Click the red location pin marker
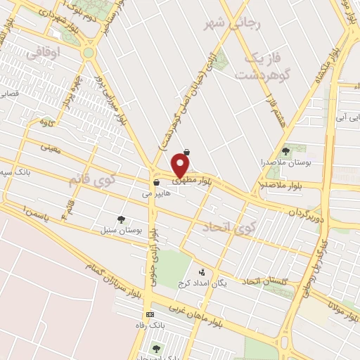181,165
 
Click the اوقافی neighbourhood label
47,52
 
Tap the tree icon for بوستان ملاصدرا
285,150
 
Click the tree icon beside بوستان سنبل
121,219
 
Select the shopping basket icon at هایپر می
155,182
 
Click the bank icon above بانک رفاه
149,314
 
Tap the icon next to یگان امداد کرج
202,271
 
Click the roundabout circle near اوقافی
89,53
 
